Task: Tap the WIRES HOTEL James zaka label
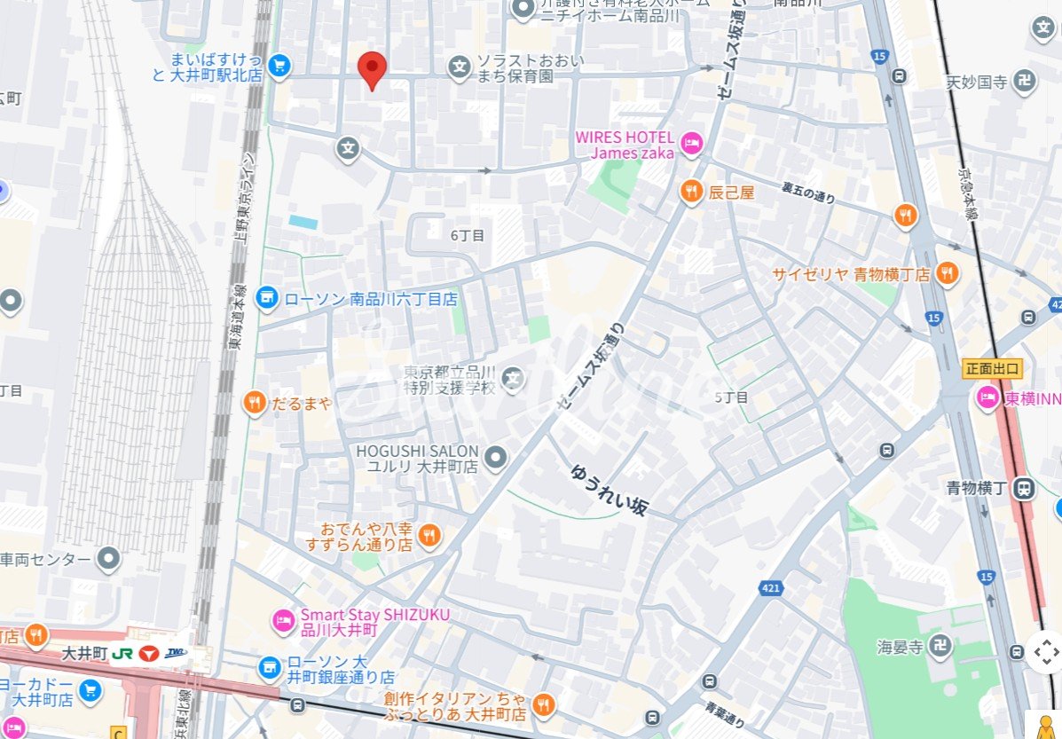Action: [625, 145]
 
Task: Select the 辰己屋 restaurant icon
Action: [692, 191]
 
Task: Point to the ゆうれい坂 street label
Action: [610, 490]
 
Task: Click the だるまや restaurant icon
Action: [255, 404]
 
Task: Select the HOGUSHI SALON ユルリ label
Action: [417, 458]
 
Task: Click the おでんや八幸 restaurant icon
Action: [429, 535]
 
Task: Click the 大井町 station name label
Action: [84, 653]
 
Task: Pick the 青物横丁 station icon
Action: [1025, 488]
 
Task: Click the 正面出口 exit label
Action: [993, 368]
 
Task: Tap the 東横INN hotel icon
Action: [987, 399]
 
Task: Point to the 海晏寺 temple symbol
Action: [940, 646]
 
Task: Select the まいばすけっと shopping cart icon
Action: [279, 66]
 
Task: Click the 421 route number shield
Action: [770, 588]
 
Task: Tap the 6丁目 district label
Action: [468, 235]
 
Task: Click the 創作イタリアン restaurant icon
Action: [544, 706]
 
